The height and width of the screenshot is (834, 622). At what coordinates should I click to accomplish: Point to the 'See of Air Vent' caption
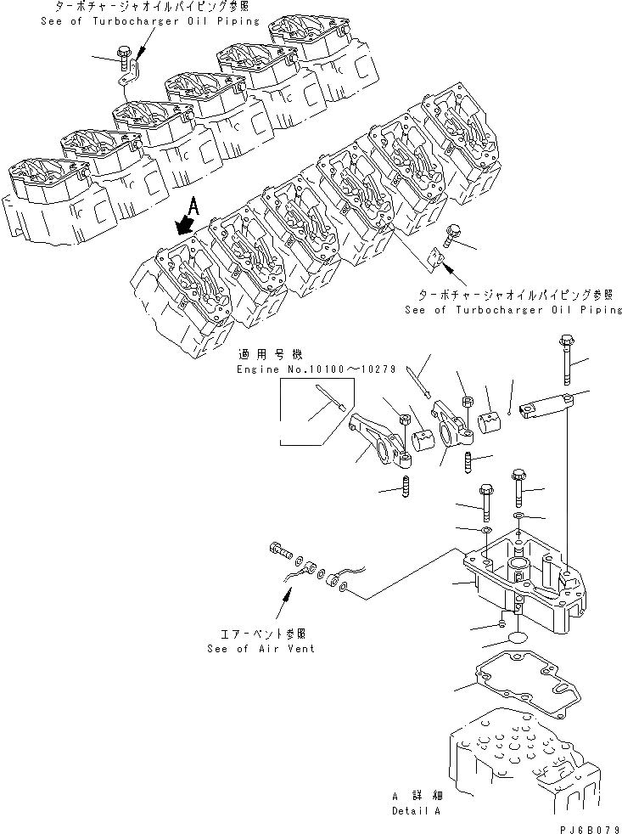(260, 648)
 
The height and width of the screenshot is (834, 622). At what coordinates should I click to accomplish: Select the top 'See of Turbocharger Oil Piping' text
(149, 20)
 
